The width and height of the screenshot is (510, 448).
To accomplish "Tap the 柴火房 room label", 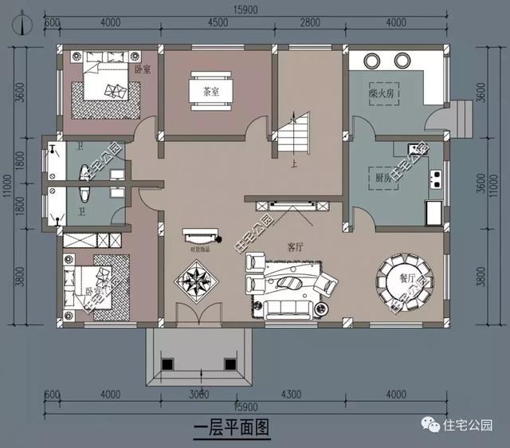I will [383, 93].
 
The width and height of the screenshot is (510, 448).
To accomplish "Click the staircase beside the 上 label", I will [292, 135].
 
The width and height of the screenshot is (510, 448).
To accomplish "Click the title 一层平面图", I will [232, 428].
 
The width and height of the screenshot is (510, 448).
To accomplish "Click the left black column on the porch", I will [167, 364].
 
